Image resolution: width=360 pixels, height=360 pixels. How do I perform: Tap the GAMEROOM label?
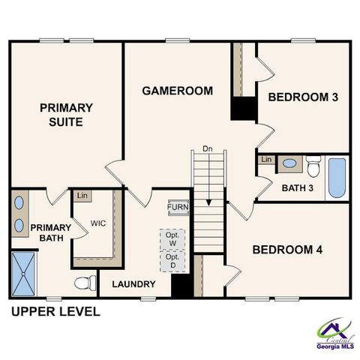click(178, 91)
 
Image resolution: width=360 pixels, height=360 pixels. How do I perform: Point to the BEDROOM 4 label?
click(287, 250)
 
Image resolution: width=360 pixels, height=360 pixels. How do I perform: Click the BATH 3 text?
click(298, 187)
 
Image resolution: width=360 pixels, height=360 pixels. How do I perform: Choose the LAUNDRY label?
click(133, 284)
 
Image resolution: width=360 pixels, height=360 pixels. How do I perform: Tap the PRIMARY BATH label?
click(49, 233)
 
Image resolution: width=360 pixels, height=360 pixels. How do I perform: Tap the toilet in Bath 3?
click(313, 163)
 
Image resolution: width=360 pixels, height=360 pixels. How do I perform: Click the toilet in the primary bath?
click(86, 283)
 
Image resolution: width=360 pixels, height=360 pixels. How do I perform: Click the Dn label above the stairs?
click(208, 149)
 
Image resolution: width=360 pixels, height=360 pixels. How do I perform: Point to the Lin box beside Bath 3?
click(266, 160)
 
